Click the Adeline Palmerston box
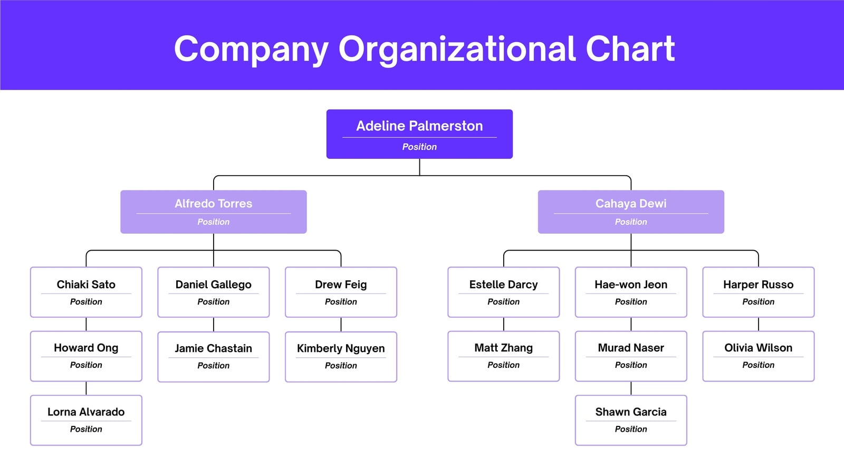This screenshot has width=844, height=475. [x=419, y=134]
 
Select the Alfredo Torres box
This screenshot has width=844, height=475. [x=213, y=212]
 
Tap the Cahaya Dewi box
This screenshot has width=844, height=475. [x=631, y=212]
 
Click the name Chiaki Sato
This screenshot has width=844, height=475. [x=86, y=284]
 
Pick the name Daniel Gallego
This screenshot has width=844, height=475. [x=213, y=284]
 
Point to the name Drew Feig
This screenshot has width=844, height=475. [x=341, y=284]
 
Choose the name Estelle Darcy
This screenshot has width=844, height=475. [x=503, y=284]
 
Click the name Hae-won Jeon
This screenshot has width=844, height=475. [x=631, y=284]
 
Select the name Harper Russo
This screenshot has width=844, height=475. [x=758, y=284]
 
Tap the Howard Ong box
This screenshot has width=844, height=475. [x=86, y=356]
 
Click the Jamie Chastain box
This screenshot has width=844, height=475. [x=213, y=357]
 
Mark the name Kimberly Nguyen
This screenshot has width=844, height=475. [x=341, y=348]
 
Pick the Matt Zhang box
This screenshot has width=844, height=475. [x=503, y=356]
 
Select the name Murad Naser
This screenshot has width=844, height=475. [x=631, y=348]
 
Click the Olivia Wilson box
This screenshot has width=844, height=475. [x=758, y=356]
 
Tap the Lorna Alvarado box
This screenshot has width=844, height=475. [x=86, y=420]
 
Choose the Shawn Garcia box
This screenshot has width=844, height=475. [x=631, y=420]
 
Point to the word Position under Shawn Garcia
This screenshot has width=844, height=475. [x=631, y=429]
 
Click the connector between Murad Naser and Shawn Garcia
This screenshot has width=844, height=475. [x=631, y=388]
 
